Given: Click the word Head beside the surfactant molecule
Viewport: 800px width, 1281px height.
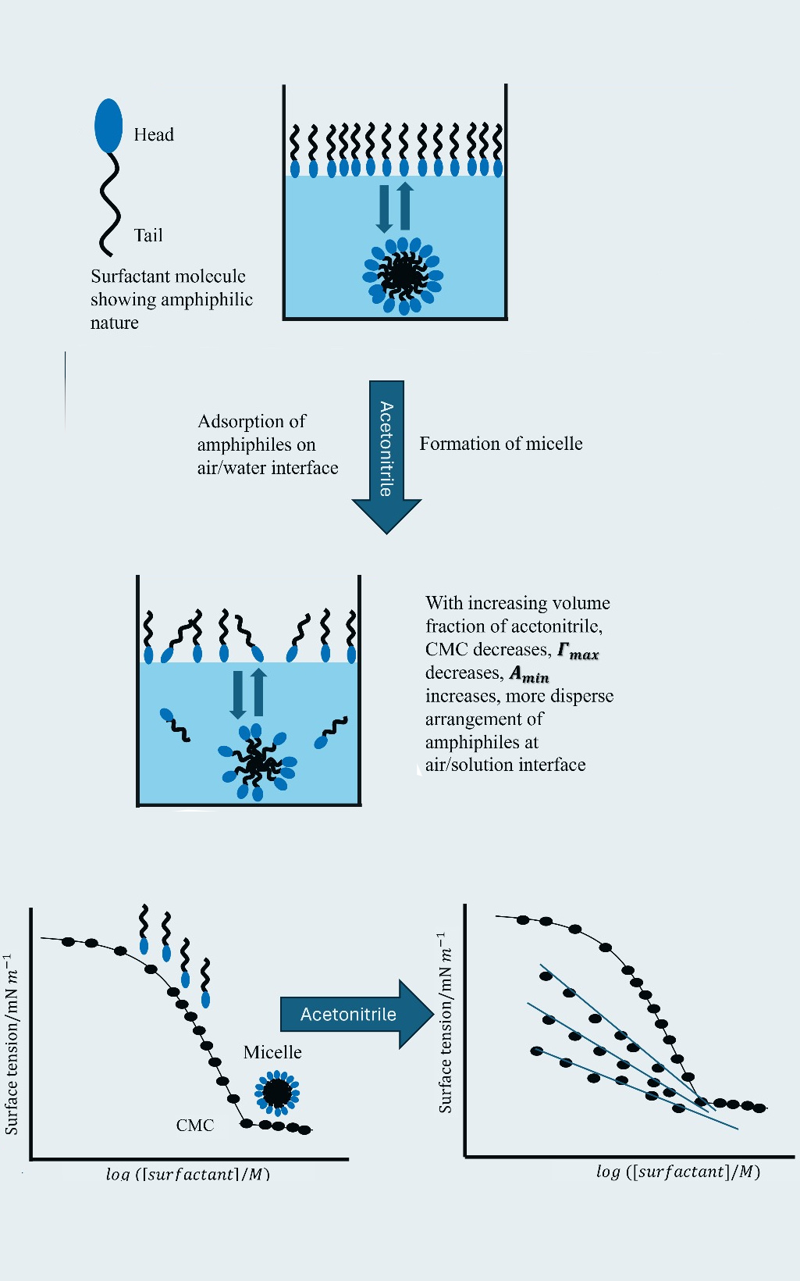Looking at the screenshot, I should [x=154, y=135].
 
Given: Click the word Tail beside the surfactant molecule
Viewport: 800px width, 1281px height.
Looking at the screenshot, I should [x=148, y=236].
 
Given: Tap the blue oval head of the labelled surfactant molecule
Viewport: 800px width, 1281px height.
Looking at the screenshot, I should [x=108, y=125].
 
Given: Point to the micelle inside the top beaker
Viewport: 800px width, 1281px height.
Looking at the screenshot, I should [x=403, y=275].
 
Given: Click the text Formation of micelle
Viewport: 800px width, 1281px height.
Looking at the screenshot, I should [x=500, y=444].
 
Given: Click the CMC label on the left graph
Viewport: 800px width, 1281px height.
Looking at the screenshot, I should [x=194, y=1126].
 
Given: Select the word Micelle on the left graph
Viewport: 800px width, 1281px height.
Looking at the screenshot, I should [x=272, y=1052].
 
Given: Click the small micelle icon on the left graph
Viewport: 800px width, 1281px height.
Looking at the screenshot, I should [x=277, y=1092].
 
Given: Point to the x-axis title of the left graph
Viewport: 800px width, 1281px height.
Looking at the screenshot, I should [x=187, y=1173].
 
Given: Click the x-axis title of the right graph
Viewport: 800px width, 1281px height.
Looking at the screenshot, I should [x=677, y=1171].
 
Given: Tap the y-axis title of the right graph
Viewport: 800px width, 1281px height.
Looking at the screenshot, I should [x=445, y=1023].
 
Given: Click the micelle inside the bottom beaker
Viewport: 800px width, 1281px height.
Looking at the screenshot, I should [x=257, y=762].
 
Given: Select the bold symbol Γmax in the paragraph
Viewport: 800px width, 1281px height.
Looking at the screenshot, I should [x=578, y=651].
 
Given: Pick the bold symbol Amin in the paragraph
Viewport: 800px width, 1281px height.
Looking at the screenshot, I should [x=529, y=674].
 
